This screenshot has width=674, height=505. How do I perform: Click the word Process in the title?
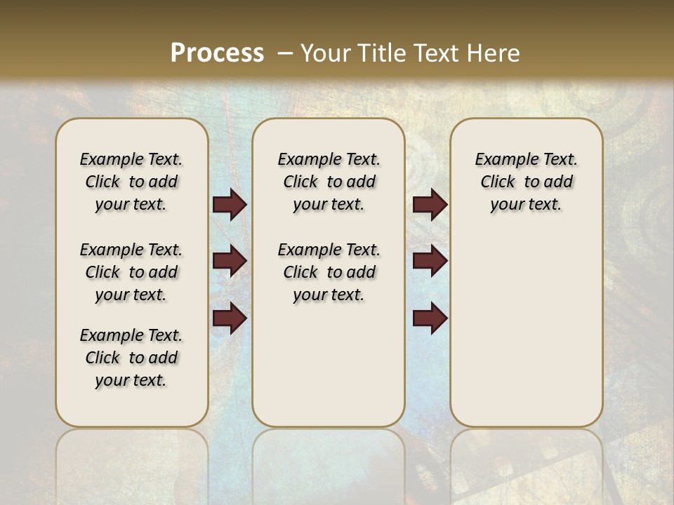(x=217, y=53)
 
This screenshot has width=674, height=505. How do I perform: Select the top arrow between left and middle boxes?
(x=230, y=205)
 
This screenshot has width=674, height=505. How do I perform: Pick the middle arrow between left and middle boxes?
(x=230, y=261)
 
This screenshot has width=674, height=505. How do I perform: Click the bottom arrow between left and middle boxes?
(x=230, y=318)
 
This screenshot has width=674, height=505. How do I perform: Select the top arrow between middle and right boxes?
(x=430, y=205)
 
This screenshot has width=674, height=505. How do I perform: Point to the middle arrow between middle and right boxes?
(x=430, y=261)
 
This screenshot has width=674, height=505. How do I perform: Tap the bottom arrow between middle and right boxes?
(x=430, y=318)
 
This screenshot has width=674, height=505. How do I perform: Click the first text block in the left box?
(x=131, y=182)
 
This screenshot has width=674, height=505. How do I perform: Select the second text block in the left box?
(x=131, y=272)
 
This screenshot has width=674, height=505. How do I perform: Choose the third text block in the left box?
(x=131, y=358)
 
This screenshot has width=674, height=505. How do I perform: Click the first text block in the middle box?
(x=329, y=182)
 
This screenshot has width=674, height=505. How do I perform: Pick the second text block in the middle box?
(x=329, y=272)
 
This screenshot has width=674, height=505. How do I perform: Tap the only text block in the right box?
(x=526, y=182)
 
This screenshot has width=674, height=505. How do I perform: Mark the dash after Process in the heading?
(x=285, y=53)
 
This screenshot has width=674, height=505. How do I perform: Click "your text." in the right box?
(x=526, y=204)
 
